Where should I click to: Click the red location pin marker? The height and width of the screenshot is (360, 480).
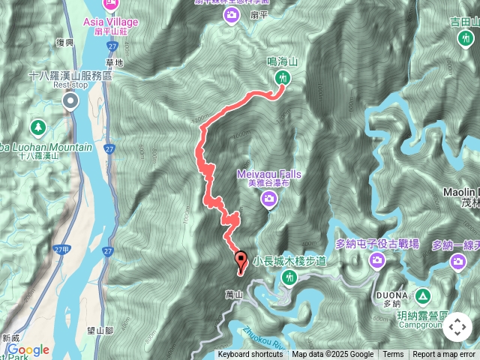pos(241,261)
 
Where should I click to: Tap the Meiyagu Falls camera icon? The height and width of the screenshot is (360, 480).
pos(268,199)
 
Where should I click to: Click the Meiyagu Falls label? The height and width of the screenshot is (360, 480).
pos(269,175)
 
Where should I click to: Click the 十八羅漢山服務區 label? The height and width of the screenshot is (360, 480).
pos(70,76)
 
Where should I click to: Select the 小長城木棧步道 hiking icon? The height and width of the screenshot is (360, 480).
pos(289,278)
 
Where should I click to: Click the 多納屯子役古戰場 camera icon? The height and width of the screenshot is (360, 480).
pos(376,260)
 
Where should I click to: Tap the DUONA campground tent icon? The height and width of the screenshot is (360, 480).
pos(422,295)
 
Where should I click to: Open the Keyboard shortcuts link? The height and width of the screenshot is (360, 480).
pos(250,355)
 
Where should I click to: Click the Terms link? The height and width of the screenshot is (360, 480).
pos(393,355)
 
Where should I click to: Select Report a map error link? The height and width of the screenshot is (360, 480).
pos(445,355)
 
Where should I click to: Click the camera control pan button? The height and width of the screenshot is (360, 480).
pos(457,327)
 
